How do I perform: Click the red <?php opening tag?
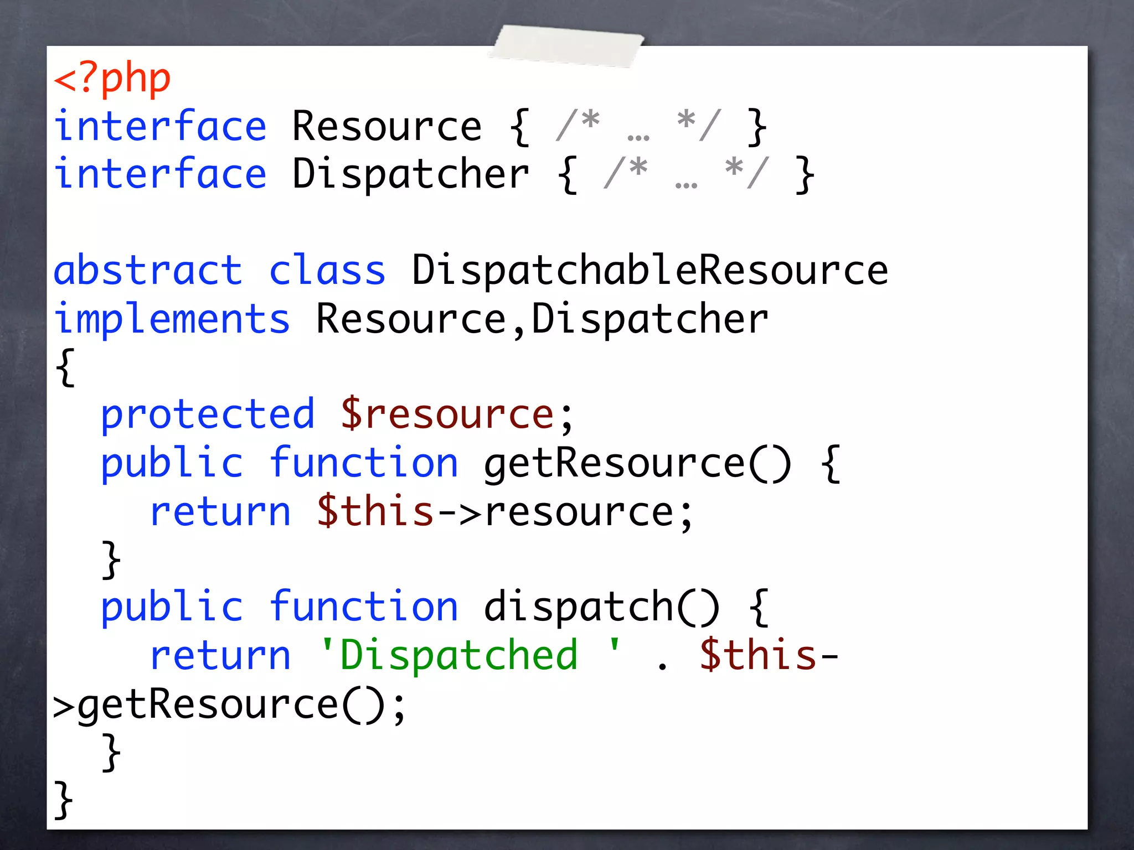tap(112, 79)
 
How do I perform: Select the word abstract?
tap(148, 271)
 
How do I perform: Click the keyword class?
tap(327, 271)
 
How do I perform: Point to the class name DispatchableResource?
tap(650, 271)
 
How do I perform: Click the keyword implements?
tap(172, 319)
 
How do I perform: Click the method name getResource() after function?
tap(637, 463)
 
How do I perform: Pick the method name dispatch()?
tap(601, 607)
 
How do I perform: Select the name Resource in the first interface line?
tap(386, 127)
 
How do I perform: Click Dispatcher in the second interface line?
tap(410, 174)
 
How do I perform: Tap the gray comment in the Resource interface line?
tap(638, 127)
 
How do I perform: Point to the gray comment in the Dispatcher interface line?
tap(686, 174)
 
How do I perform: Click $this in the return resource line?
tap(375, 511)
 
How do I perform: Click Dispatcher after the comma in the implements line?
tap(650, 319)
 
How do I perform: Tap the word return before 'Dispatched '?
tap(220, 655)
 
